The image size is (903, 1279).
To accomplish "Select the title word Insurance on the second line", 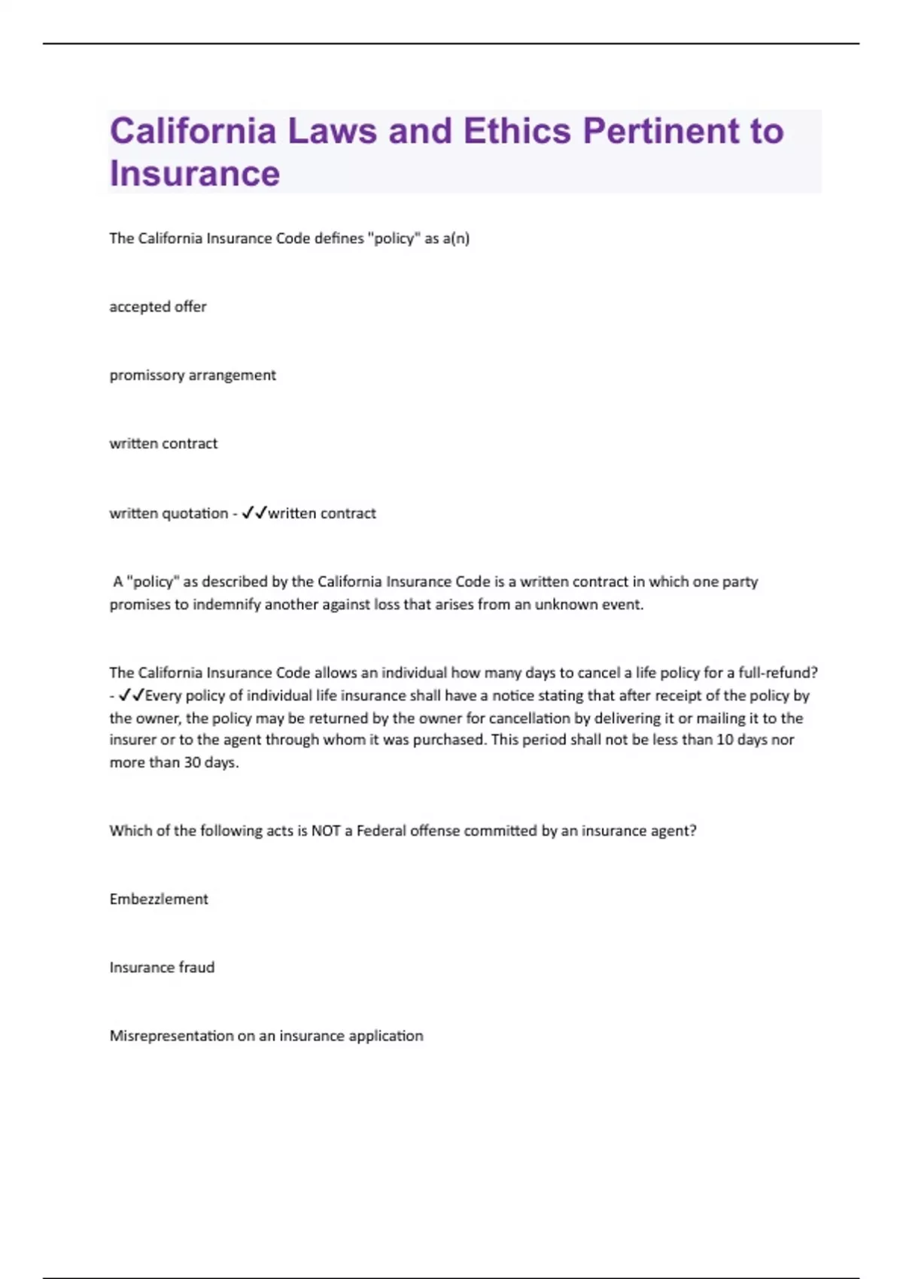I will point(195,174).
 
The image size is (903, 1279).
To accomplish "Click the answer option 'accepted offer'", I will point(158,307).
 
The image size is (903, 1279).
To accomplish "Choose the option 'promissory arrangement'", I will point(193,375).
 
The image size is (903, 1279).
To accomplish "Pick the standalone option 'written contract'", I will point(163,444).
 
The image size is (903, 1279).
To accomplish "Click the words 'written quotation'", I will point(169,514).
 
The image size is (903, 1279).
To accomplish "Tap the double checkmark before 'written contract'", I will point(254,513).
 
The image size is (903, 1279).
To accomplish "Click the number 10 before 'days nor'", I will point(725,740).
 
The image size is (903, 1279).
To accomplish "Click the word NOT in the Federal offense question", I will point(326,831).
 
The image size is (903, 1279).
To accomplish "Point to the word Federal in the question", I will point(381,831).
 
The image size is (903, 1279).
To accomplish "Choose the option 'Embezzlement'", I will point(159,900).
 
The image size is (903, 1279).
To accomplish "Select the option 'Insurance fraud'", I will point(162,968).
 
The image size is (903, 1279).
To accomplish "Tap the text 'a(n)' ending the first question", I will point(456,239).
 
